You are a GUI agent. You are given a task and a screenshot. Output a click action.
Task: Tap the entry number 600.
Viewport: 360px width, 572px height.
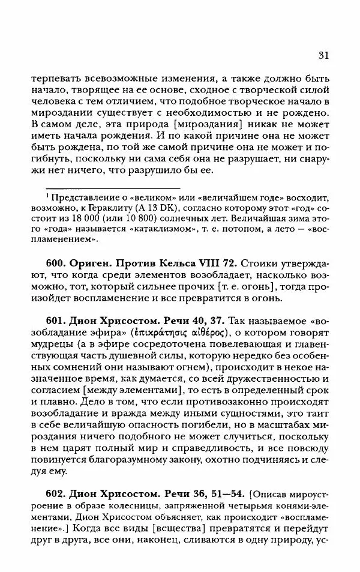[56, 263]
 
